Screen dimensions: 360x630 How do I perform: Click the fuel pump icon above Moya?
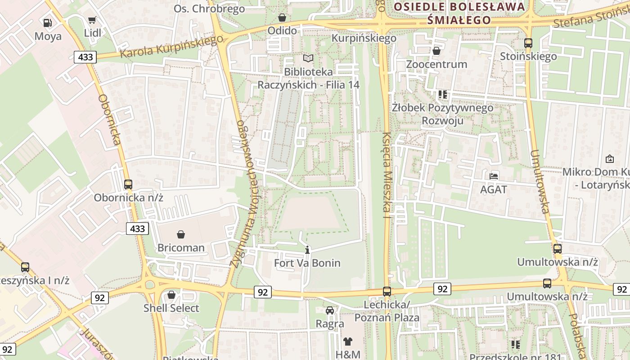coord(47,22)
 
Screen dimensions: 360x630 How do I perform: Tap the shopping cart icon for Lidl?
coord(92,20)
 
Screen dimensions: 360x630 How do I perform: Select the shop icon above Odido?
coord(282,18)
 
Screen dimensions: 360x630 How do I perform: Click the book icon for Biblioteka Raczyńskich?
coord(308,58)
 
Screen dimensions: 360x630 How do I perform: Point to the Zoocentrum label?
coord(436,64)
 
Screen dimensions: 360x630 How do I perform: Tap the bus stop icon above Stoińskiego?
coord(528,43)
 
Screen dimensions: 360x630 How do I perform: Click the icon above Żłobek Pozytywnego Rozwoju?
coord(443,94)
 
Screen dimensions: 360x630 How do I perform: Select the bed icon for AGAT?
coord(494,176)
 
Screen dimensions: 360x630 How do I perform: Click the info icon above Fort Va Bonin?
coord(307,250)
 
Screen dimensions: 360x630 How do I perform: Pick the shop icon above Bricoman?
coord(181,234)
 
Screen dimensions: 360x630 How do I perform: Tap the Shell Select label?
coord(171,308)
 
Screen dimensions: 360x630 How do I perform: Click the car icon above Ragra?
coord(330,310)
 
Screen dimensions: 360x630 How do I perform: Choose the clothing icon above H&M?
coord(348,341)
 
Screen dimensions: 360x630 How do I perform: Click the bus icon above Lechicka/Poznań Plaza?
coord(387,292)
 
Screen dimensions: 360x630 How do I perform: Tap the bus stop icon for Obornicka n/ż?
coord(128,184)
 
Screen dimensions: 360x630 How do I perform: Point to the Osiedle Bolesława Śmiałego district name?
coord(459,13)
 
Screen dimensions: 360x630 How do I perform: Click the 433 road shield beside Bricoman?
coord(137,229)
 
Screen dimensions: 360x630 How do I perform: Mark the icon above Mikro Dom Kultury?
coord(610,159)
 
